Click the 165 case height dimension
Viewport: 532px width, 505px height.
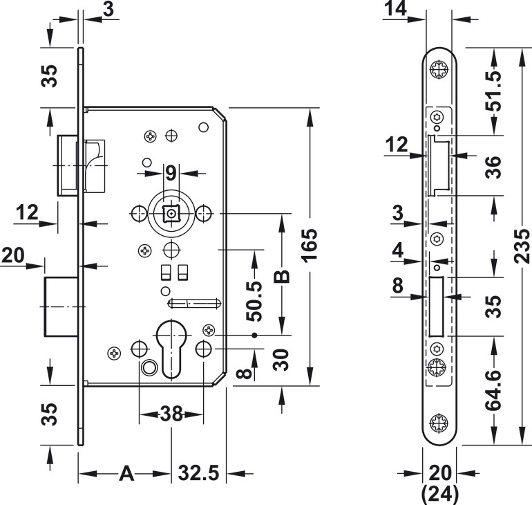click(x=310, y=246)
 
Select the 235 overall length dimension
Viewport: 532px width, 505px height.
click(x=522, y=246)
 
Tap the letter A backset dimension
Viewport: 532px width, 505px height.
click(x=126, y=473)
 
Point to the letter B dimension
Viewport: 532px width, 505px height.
click(x=282, y=277)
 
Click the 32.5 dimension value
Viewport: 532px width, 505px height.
click(x=199, y=473)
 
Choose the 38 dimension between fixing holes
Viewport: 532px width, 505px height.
click(x=171, y=414)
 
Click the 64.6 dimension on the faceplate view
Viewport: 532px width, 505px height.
click(x=493, y=391)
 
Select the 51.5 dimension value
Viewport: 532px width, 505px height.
click(x=493, y=91)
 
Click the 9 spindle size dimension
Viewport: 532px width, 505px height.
click(x=171, y=173)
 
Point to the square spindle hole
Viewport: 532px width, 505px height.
click(x=171, y=214)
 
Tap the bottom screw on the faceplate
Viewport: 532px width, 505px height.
click(x=439, y=423)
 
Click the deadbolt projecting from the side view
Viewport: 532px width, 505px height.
click(x=61, y=306)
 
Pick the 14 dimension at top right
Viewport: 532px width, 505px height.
click(x=396, y=8)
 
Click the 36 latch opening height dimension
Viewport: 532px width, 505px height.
click(x=493, y=167)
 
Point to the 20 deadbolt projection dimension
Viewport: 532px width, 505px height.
click(x=13, y=255)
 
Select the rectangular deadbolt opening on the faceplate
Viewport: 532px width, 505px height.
click(x=437, y=306)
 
